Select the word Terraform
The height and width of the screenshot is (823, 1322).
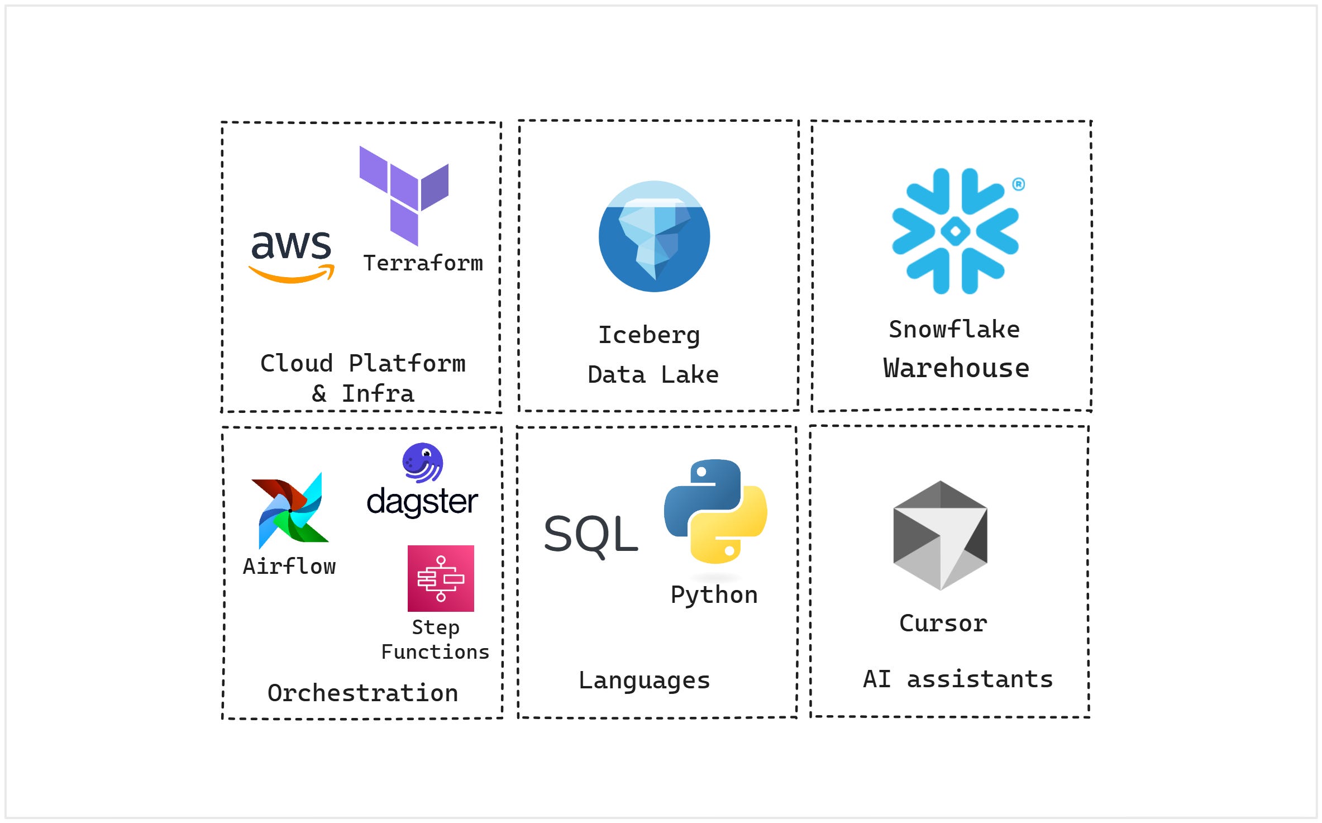coord(423,263)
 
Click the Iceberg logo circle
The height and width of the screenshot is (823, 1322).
coord(654,236)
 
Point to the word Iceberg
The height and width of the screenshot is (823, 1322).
coord(649,335)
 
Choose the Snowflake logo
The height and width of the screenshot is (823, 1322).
coord(955,231)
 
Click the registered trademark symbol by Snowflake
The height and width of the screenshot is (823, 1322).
coord(1018,184)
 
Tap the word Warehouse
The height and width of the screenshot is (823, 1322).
coord(956,368)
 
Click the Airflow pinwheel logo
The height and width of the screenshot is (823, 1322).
coord(290,510)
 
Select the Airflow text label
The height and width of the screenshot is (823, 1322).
coord(289,567)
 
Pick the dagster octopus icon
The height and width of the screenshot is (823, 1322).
coord(423,463)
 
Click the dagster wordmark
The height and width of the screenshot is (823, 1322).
coord(422,502)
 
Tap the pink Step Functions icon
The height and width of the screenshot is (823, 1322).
coord(441,578)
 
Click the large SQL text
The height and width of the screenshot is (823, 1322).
coord(591,535)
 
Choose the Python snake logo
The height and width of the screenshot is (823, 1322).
coord(715,511)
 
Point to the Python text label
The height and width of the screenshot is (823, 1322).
coord(714,594)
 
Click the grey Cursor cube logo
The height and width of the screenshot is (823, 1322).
coord(941,535)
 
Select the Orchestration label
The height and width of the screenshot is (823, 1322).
coord(363,693)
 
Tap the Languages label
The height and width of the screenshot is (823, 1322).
coord(644,681)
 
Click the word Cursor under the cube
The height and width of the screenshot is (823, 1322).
coord(943,623)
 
